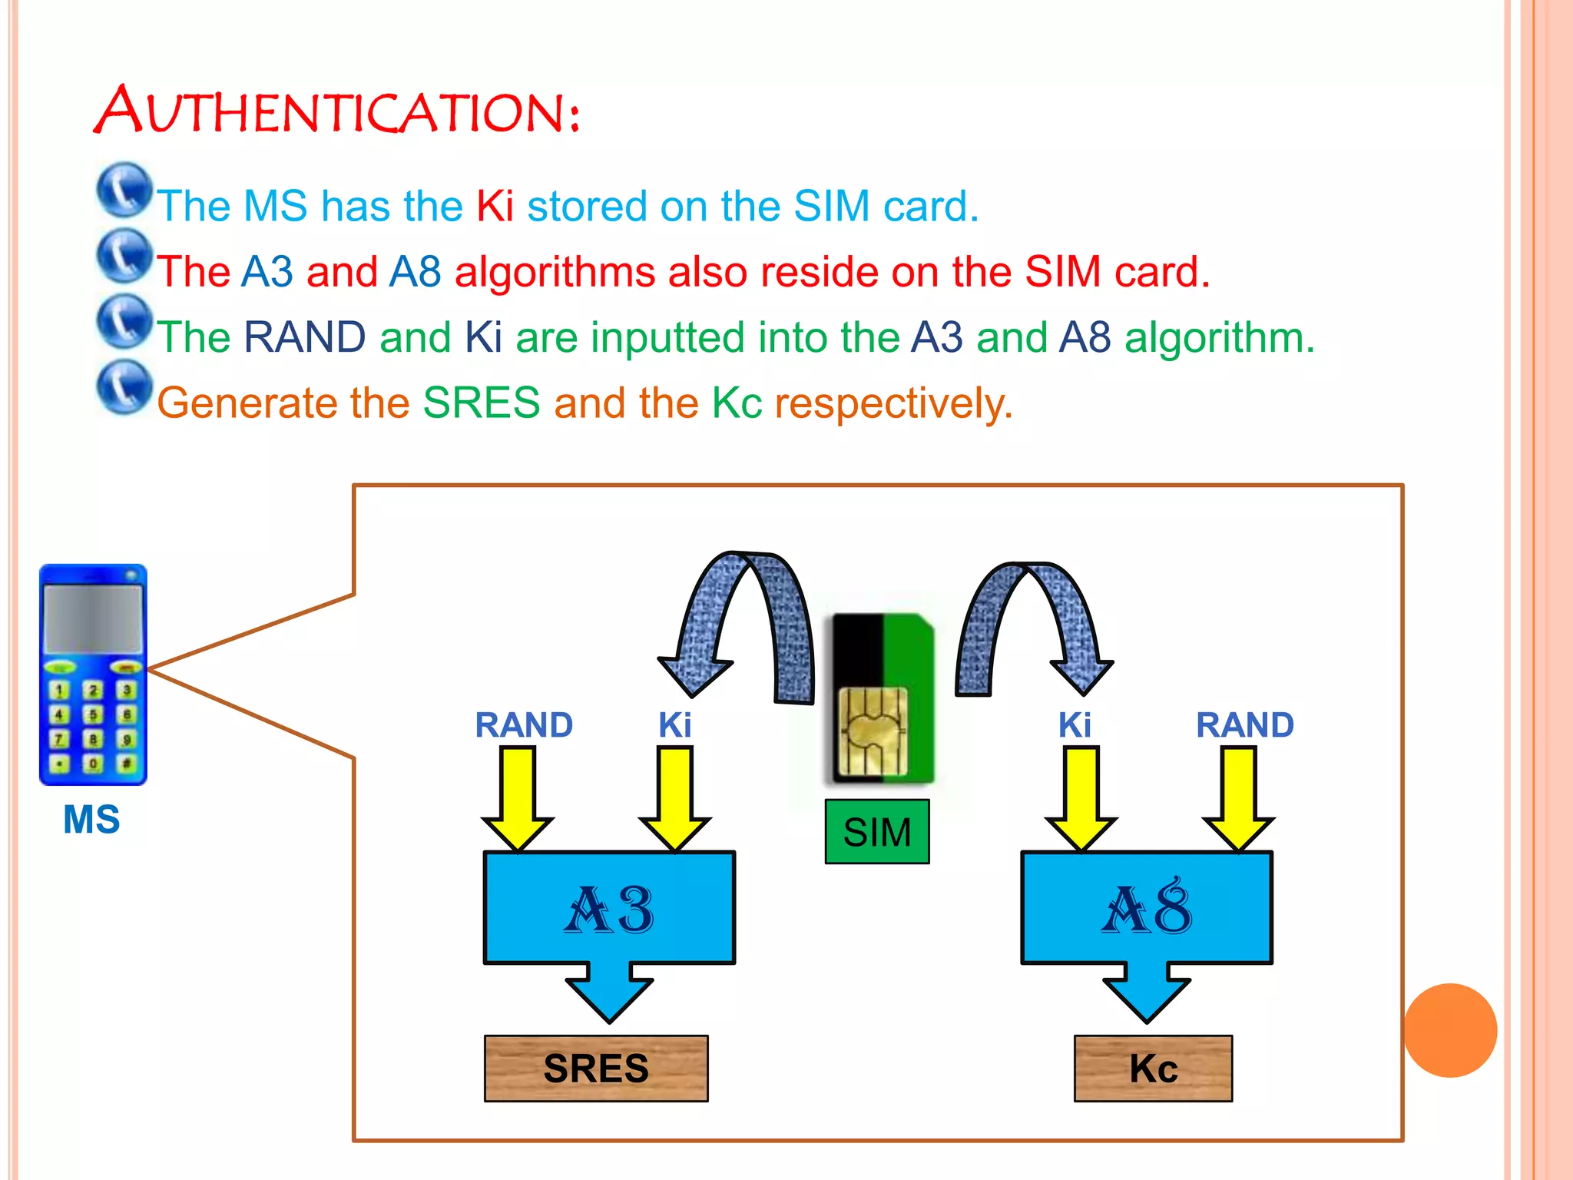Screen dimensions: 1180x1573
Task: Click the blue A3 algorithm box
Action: [x=609, y=907]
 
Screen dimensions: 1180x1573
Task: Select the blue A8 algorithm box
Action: [x=1146, y=907]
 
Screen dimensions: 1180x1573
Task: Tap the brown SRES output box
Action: [x=596, y=1068]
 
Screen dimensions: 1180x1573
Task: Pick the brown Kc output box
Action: [x=1153, y=1068]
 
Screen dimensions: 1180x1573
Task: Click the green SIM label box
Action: [x=877, y=832]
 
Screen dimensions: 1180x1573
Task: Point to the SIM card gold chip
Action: [x=873, y=731]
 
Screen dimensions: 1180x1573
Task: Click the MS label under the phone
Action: [x=91, y=819]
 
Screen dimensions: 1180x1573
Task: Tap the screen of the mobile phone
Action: [x=93, y=618]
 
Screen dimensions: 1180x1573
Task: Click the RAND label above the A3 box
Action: [x=524, y=724]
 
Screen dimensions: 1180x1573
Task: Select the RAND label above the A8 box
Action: [x=1245, y=724]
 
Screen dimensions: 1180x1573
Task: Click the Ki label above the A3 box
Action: [x=675, y=724]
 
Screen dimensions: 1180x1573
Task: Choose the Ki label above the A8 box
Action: [x=1075, y=724]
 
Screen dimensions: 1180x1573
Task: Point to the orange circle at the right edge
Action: [x=1450, y=1030]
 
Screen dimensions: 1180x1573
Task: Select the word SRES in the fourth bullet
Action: [x=482, y=403]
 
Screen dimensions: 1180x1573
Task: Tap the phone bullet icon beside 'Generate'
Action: [x=124, y=386]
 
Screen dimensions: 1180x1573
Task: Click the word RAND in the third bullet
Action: [x=305, y=337]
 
